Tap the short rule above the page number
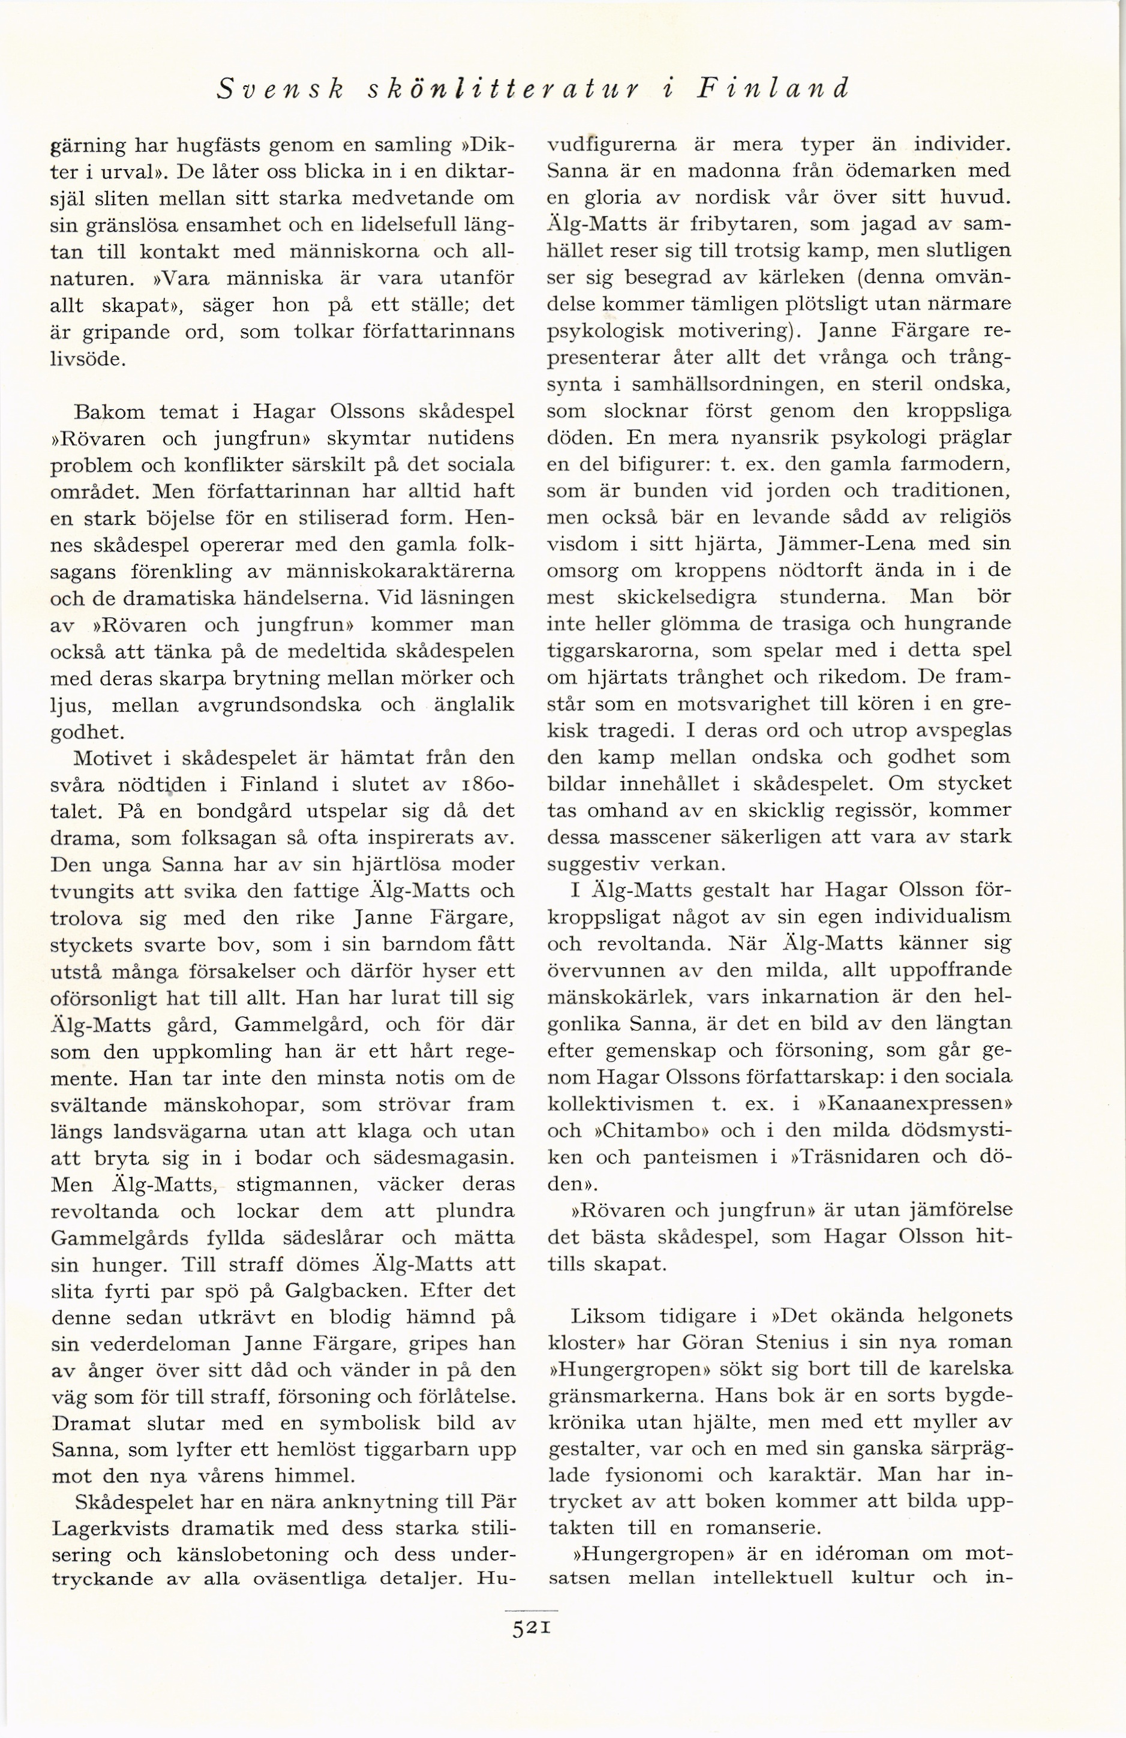pos(531,1610)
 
